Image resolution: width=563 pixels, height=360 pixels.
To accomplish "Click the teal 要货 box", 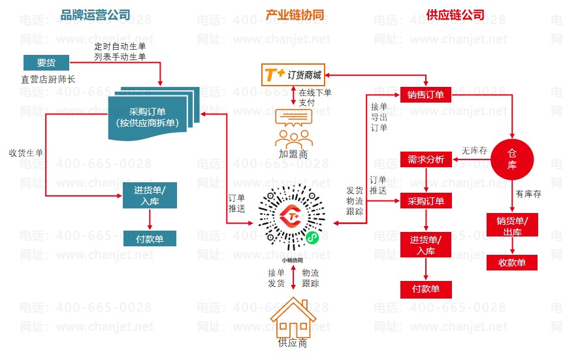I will click(x=46, y=63).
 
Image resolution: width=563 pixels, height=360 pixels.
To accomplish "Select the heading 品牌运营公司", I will click(x=95, y=14).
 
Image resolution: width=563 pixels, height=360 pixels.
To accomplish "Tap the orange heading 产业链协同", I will click(x=295, y=14).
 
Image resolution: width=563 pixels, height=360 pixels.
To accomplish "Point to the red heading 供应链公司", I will click(x=455, y=14).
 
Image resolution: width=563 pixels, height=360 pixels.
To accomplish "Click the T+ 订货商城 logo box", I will click(x=295, y=74).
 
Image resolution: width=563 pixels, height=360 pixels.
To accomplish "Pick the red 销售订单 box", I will click(x=425, y=95).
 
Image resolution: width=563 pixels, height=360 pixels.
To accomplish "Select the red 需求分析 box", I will click(x=425, y=159).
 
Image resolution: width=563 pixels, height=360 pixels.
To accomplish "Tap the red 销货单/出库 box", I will click(x=512, y=225).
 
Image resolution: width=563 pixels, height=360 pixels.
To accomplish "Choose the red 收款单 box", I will click(x=512, y=263).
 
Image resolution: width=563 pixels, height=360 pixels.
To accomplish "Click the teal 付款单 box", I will click(x=150, y=238).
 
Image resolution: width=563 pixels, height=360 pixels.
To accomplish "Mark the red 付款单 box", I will click(x=425, y=288).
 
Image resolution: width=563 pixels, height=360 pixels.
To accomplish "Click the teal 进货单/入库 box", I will click(x=150, y=196).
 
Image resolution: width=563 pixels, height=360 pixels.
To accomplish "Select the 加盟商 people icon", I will click(x=293, y=129).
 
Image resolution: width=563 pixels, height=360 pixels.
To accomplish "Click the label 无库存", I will click(x=475, y=150).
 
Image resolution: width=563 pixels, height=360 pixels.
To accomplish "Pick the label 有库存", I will click(x=529, y=193).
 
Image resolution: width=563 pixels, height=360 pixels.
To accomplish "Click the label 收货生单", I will click(x=26, y=153).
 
